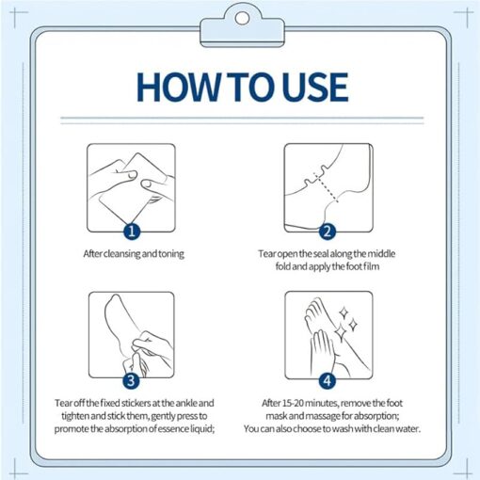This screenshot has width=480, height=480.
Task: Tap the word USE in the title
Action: tap(314, 87)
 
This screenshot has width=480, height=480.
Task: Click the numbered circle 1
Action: tap(132, 232)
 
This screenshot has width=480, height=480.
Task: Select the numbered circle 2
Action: tap(328, 232)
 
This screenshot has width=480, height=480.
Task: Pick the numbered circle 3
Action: tap(131, 381)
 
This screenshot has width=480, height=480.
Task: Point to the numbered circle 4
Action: tap(328, 381)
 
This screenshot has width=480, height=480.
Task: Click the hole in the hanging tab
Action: tap(242, 18)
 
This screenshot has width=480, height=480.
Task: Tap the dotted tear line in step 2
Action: tap(326, 187)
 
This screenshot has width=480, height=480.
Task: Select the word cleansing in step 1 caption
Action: tap(121, 254)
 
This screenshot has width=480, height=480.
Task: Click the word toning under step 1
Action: tap(171, 254)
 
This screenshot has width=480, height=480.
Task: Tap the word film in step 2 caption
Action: tap(372, 266)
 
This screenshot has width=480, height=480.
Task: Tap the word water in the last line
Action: tap(409, 428)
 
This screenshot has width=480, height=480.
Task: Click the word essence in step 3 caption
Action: tap(173, 428)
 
